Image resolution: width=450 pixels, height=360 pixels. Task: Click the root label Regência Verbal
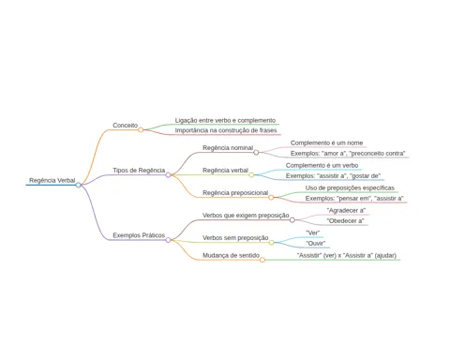click(52, 180)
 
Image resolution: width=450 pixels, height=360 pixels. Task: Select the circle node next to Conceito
click(141, 129)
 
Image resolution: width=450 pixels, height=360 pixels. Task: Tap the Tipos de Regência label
click(139, 171)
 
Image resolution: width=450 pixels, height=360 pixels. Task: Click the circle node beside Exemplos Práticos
click(168, 240)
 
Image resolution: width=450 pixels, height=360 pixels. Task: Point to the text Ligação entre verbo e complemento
click(225, 120)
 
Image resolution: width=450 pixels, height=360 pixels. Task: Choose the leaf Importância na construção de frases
click(226, 130)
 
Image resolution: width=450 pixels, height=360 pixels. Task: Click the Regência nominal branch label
click(228, 148)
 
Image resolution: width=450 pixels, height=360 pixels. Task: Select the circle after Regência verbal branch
click(251, 175)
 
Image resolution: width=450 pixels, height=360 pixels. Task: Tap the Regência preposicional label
click(235, 193)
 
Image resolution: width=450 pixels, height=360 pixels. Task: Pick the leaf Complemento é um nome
click(326, 142)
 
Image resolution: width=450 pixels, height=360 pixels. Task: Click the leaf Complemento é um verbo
click(322, 165)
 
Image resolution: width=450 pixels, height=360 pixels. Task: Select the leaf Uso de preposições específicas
click(350, 187)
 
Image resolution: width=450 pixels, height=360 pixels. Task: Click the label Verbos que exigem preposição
click(246, 216)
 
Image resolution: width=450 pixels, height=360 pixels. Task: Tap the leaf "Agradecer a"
click(346, 210)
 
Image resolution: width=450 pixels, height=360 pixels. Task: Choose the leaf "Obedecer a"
click(345, 221)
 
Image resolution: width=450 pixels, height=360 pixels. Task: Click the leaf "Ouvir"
click(315, 243)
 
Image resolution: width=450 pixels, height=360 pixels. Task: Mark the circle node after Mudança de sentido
click(262, 260)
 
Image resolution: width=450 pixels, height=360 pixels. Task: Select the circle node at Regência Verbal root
click(78, 185)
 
